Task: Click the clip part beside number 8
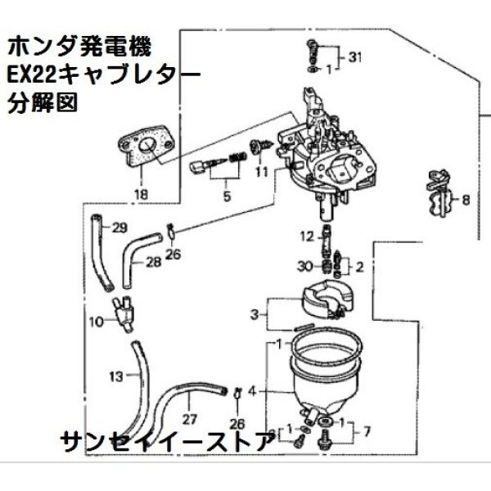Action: (439, 196)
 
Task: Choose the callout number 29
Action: (119, 227)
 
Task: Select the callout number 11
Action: (261, 173)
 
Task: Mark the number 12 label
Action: (306, 237)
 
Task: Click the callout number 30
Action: (305, 265)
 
